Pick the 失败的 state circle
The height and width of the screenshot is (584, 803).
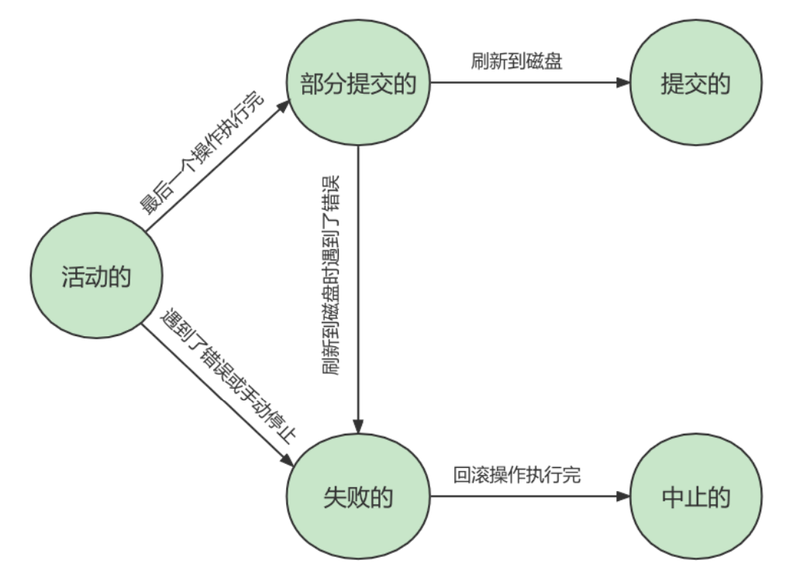pos(357,496)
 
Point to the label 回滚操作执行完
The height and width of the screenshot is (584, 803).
pos(517,475)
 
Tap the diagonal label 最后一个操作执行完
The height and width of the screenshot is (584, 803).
pos(202,155)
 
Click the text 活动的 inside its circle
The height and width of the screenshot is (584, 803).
pos(96,277)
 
